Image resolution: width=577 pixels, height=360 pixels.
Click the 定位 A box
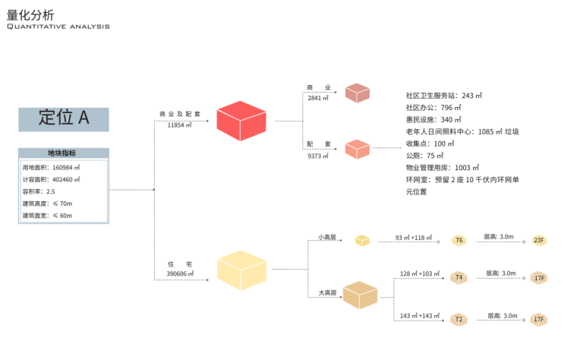coord(64,118)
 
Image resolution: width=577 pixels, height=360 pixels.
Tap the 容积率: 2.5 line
coord(39,192)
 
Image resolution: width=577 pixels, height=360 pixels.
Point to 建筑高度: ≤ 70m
coord(47,204)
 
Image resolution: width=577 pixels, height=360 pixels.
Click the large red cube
coord(241,121)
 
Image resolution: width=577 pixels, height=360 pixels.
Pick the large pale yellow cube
coord(241,270)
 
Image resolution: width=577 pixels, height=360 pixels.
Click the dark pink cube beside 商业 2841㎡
coord(357,93)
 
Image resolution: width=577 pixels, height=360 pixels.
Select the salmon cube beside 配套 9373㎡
coord(357,149)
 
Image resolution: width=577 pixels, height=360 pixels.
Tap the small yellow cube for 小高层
coord(362,240)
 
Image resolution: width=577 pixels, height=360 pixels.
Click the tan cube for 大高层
coord(360,295)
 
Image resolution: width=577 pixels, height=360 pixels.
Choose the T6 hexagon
coord(459,240)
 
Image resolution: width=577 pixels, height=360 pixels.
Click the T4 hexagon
coord(459,278)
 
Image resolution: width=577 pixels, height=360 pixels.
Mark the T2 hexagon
coord(459,320)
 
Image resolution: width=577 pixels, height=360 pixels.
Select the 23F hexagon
coord(539,240)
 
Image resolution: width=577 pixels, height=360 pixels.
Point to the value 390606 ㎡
coord(180,273)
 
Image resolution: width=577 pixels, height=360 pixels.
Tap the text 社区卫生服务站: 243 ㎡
coord(444,96)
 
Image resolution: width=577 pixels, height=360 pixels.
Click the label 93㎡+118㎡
coord(413,238)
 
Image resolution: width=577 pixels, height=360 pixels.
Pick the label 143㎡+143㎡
coord(420,315)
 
